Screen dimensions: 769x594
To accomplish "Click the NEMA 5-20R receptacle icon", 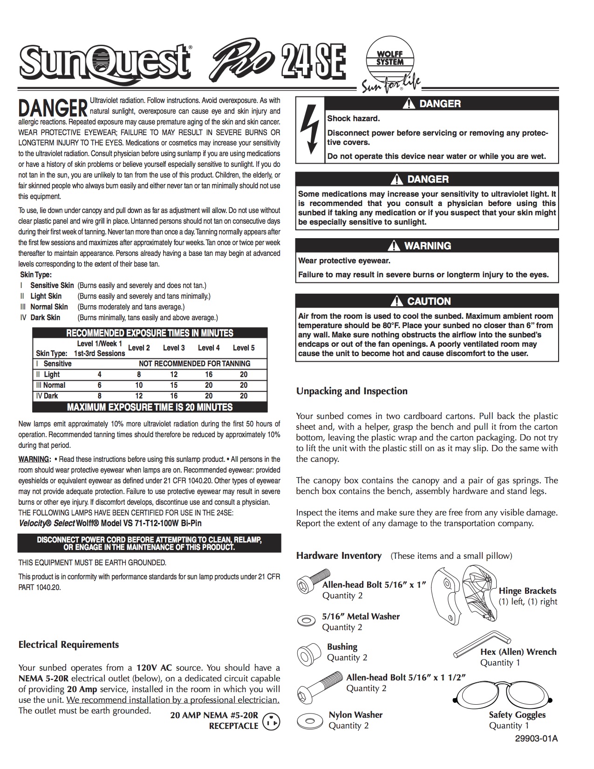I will pyautogui.click(x=272, y=722).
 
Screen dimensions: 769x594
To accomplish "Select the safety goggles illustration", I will pyautogui.click(x=504, y=697).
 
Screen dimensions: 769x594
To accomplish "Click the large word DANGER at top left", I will pyautogui.click(x=53, y=108).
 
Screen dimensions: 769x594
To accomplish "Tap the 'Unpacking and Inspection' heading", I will pyautogui.click(x=352, y=391).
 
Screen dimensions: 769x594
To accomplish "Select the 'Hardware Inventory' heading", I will pyautogui.click(x=339, y=556).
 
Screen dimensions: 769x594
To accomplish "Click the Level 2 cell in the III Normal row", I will pyautogui.click(x=139, y=385).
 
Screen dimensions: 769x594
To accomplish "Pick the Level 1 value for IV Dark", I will pyautogui.click(x=99, y=396).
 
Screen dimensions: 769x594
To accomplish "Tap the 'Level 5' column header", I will pyautogui.click(x=244, y=348).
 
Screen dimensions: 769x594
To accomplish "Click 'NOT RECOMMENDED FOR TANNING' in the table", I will pyautogui.click(x=194, y=364).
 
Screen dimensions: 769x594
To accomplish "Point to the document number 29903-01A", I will pyautogui.click(x=536, y=739).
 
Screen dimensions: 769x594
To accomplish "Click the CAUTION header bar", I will pyautogui.click(x=427, y=301).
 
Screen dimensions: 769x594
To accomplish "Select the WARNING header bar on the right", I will pyautogui.click(x=427, y=246).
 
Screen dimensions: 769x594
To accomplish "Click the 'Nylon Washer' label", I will pyautogui.click(x=355, y=715).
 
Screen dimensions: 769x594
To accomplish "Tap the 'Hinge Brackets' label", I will pyautogui.click(x=527, y=591).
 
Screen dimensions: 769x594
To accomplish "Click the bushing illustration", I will pyautogui.click(x=309, y=651).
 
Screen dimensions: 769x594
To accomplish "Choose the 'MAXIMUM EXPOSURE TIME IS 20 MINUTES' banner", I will pyautogui.click(x=150, y=407).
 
